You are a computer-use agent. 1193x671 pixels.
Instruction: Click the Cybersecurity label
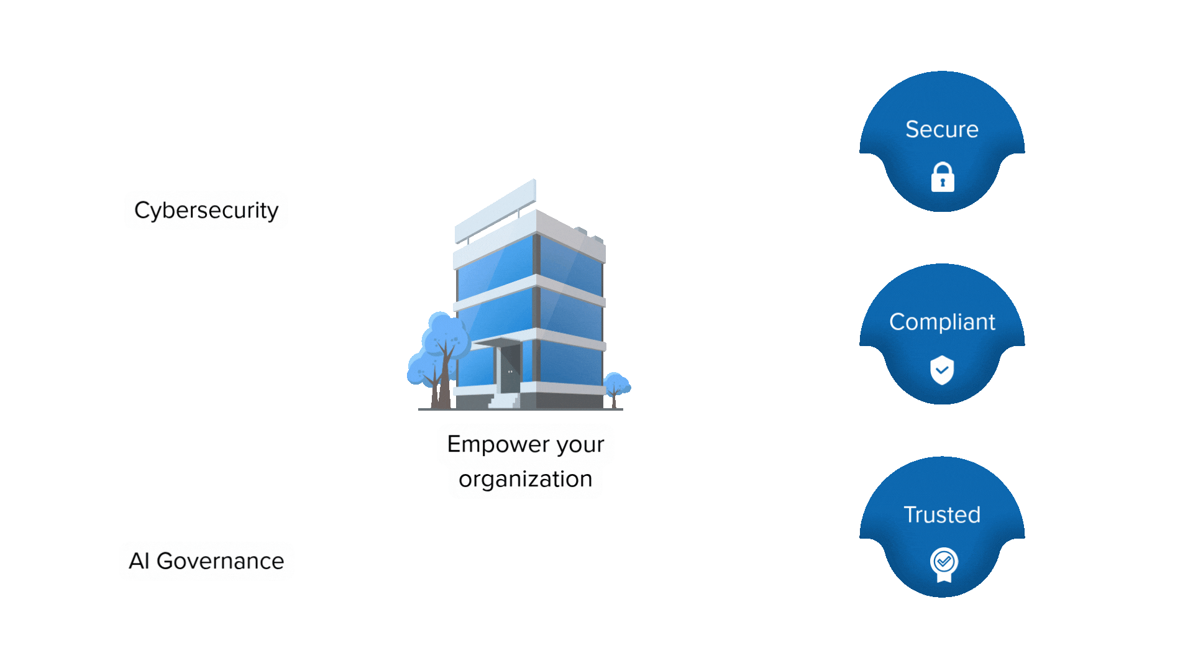pyautogui.click(x=206, y=211)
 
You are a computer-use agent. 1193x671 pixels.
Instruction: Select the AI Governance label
pyautogui.click(x=206, y=561)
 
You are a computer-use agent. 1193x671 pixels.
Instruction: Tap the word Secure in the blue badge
pyautogui.click(x=942, y=129)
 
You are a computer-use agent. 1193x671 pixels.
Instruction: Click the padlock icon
pyautogui.click(x=943, y=178)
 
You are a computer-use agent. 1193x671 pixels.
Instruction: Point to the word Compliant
pyautogui.click(x=942, y=322)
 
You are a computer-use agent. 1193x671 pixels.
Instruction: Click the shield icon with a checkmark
pyautogui.click(x=942, y=370)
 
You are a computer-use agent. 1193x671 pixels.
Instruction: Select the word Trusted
pyautogui.click(x=942, y=514)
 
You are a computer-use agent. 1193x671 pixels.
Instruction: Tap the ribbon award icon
pyautogui.click(x=944, y=564)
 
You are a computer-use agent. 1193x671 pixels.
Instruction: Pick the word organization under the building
pyautogui.click(x=526, y=479)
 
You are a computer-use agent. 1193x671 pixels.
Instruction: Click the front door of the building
pyautogui.click(x=510, y=369)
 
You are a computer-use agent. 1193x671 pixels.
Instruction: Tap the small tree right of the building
pyautogui.click(x=616, y=385)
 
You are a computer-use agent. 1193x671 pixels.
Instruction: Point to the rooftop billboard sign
pyautogui.click(x=496, y=209)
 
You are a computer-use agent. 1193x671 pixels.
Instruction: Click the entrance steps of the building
pyautogui.click(x=505, y=401)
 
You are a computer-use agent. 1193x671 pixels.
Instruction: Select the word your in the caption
pyautogui.click(x=580, y=445)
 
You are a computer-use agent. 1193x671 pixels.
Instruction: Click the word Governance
pyautogui.click(x=220, y=561)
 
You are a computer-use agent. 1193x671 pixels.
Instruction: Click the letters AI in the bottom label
pyautogui.click(x=139, y=561)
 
